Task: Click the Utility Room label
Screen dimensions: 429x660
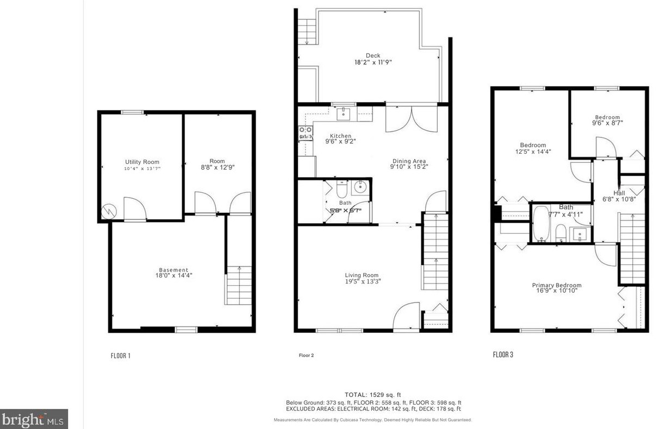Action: click(x=142, y=162)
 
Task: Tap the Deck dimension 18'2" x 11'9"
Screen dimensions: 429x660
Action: click(x=373, y=62)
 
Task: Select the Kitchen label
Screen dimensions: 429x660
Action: click(x=341, y=136)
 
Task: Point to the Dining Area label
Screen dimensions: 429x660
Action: click(x=409, y=161)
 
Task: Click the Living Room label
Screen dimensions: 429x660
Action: click(x=362, y=275)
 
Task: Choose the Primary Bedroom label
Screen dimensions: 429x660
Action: click(x=556, y=285)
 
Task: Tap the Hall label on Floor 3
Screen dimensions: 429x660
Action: click(x=619, y=193)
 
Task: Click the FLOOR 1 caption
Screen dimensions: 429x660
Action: click(x=120, y=356)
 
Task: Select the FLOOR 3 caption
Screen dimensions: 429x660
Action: click(x=503, y=355)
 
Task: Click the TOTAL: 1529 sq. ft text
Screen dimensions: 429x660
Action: click(x=372, y=394)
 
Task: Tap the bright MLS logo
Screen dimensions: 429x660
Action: click(x=34, y=419)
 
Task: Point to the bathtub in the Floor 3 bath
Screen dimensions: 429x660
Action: click(x=540, y=223)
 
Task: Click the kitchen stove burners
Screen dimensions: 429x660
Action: click(x=305, y=134)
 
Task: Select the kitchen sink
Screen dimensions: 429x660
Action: click(x=344, y=113)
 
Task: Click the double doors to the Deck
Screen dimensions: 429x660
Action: click(x=411, y=119)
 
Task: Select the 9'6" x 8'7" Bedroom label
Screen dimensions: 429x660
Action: click(x=607, y=120)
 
